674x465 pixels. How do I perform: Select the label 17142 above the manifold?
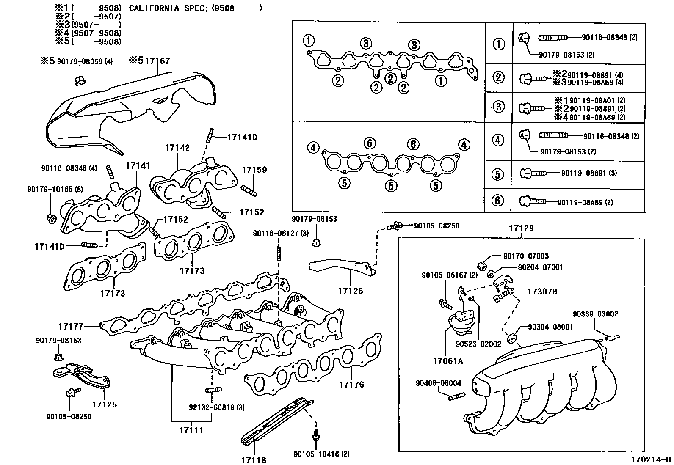pyautogui.click(x=177, y=148)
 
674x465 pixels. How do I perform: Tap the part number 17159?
pyautogui.click(x=254, y=170)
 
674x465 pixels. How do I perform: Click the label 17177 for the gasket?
pyautogui.click(x=71, y=326)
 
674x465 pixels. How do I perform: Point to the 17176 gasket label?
pyautogui.click(x=351, y=385)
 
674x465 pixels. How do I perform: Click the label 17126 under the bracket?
pyautogui.click(x=350, y=291)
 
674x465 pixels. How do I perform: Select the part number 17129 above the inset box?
pyautogui.click(x=521, y=228)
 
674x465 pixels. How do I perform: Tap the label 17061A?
pyautogui.click(x=448, y=361)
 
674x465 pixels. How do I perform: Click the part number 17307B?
pyautogui.click(x=542, y=292)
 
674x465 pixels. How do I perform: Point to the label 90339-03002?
pyautogui.click(x=595, y=314)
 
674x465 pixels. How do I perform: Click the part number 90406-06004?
pyautogui.click(x=438, y=383)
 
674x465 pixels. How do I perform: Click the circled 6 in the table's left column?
pyautogui.click(x=498, y=200)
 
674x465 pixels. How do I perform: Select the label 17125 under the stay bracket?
pyautogui.click(x=105, y=404)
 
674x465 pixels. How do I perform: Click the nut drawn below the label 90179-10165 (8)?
pyautogui.click(x=51, y=219)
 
